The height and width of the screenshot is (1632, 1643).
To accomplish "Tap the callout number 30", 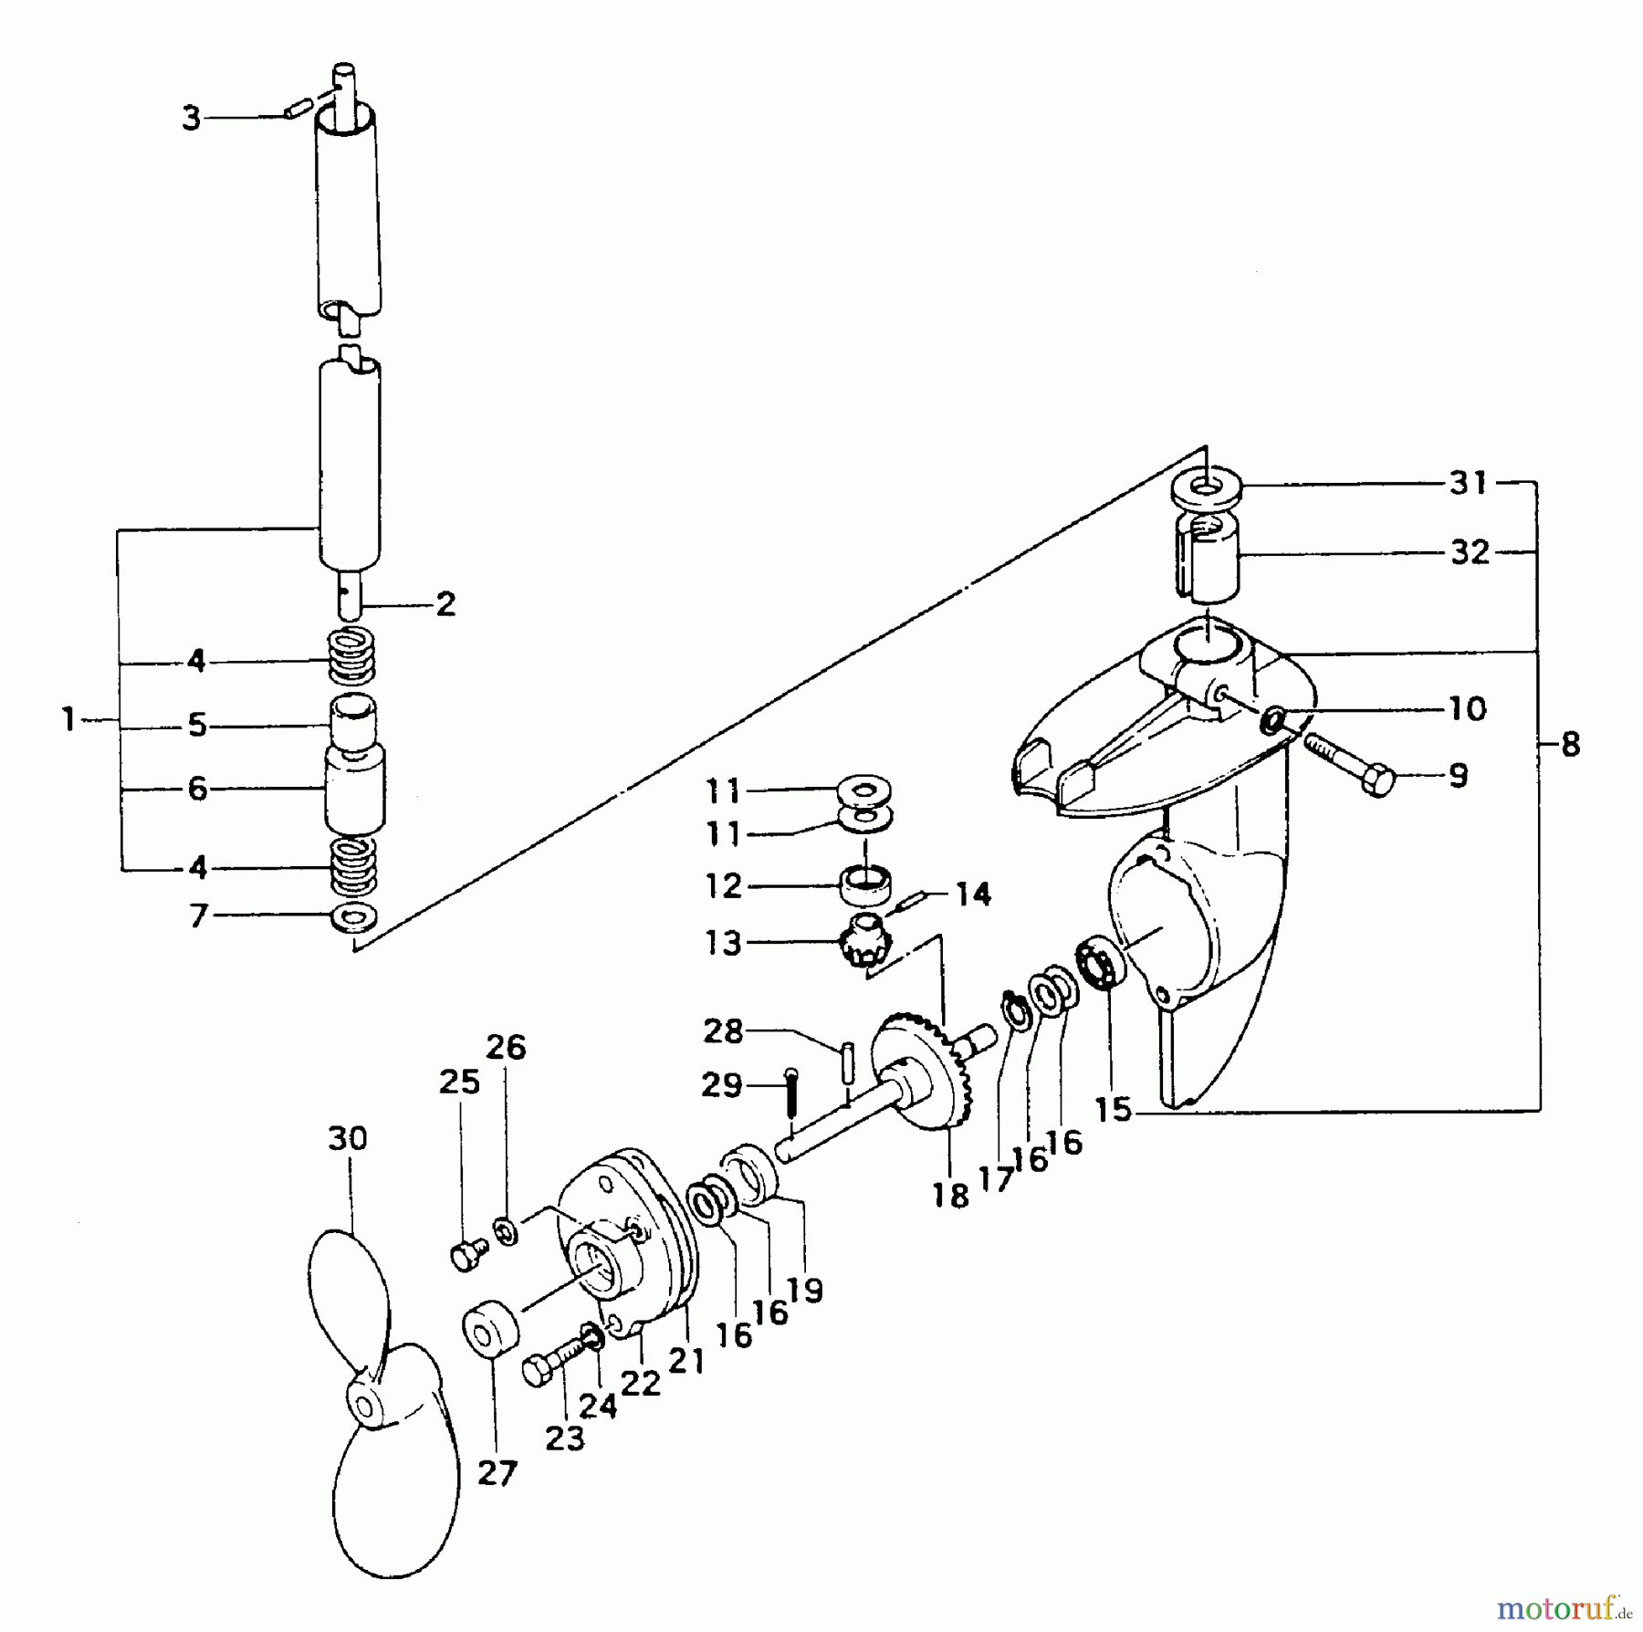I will pyautogui.click(x=347, y=1138).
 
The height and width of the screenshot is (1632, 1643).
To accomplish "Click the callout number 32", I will pyautogui.click(x=1470, y=551).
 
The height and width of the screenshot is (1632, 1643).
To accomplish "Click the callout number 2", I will pyautogui.click(x=445, y=604).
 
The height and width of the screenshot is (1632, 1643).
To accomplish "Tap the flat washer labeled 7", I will pyautogui.click(x=355, y=915).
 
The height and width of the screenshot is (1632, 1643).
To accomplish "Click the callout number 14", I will pyautogui.click(x=973, y=894).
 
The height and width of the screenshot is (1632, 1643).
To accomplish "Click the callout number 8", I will pyautogui.click(x=1570, y=745).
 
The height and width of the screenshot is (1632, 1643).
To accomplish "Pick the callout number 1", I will pyautogui.click(x=68, y=720).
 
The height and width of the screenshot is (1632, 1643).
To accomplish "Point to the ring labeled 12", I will pyautogui.click(x=864, y=884).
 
